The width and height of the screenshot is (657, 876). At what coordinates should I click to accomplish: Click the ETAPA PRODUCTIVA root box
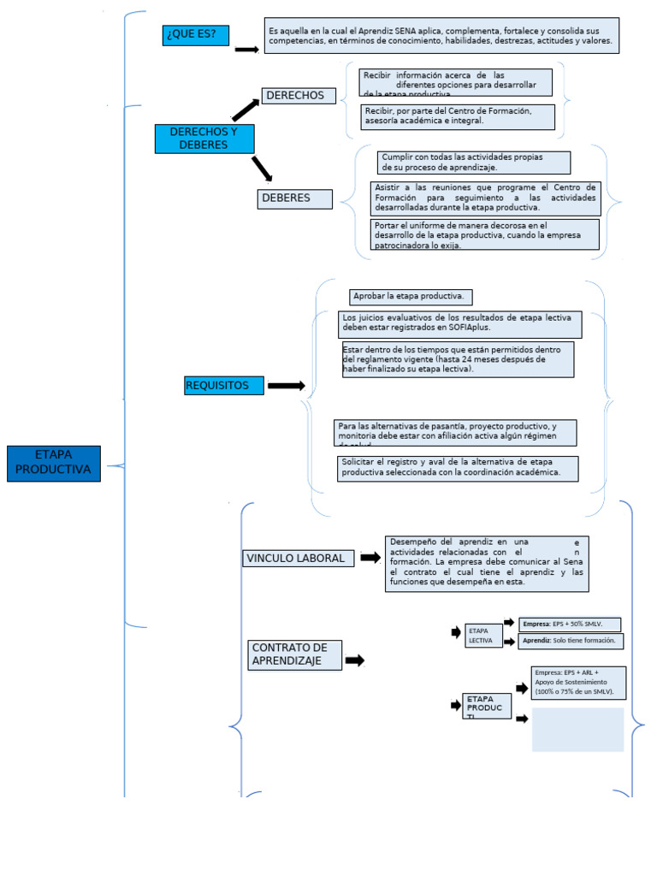(54, 464)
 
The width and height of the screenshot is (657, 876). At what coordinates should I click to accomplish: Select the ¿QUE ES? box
(196, 35)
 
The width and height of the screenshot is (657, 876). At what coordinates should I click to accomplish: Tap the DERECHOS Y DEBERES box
(204, 139)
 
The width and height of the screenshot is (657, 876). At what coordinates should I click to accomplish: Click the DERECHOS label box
(297, 96)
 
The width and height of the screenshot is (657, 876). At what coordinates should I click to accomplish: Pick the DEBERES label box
(294, 198)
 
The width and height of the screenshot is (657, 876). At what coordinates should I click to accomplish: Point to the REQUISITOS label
(223, 386)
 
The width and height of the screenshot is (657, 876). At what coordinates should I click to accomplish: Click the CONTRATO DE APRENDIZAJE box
(295, 654)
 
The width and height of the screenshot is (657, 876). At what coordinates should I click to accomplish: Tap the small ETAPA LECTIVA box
(483, 635)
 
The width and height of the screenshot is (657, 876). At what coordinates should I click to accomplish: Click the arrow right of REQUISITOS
(286, 386)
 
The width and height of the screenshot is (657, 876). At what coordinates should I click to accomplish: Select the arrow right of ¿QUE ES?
(246, 50)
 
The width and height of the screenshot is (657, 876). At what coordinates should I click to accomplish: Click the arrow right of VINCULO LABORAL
(370, 558)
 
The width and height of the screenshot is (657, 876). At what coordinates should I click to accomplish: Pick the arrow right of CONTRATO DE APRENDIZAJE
(354, 660)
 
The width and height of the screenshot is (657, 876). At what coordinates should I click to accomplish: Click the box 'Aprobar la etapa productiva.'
(411, 297)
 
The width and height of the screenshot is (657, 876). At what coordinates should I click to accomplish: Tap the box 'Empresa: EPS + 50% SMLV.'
(570, 624)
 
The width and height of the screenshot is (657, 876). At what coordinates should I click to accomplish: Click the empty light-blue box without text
(577, 730)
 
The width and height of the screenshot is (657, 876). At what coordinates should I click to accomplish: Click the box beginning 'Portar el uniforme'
(484, 234)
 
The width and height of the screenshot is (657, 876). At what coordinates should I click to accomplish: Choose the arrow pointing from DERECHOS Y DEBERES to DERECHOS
(245, 109)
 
